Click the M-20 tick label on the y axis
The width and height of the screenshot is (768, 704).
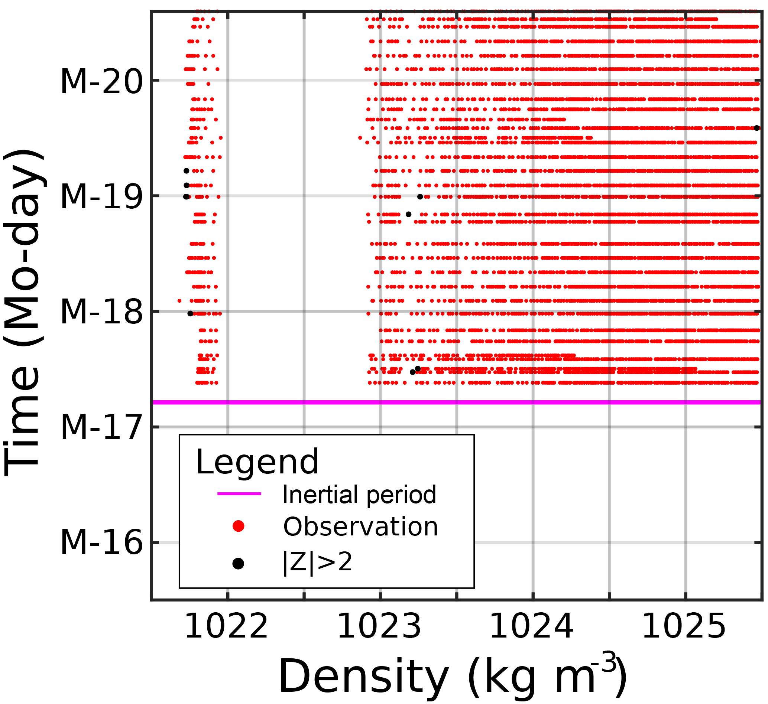point(101,82)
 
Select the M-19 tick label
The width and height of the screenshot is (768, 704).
point(101,197)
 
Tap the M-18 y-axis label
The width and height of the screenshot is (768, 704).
point(101,313)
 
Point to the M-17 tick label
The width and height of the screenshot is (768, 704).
point(101,428)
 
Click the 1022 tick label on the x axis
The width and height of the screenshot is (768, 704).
point(226,628)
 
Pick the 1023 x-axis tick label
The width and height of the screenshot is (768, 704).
point(380,628)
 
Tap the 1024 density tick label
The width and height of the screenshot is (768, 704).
point(532,628)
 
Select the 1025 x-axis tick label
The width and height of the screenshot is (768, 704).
point(684,628)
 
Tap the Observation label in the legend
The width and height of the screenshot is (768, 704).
point(360,527)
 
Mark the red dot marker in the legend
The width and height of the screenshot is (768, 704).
point(239,527)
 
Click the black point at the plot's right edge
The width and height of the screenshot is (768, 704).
point(757,128)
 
